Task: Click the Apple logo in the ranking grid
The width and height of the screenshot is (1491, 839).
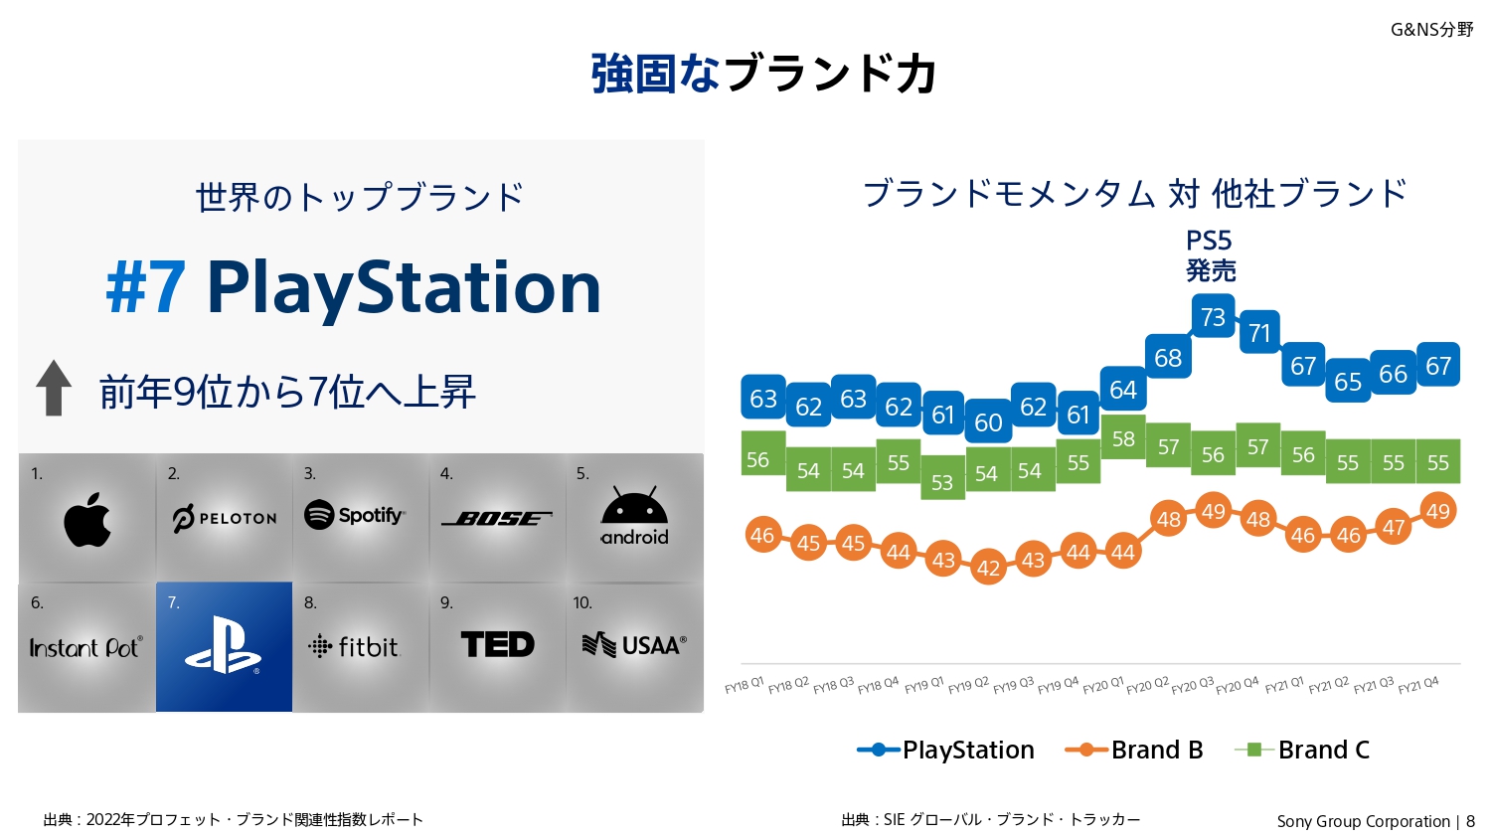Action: pyautogui.click(x=87, y=520)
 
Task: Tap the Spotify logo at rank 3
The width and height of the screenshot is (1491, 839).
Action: pyautogui.click(x=355, y=515)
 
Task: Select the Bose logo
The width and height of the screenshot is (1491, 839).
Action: pyautogui.click(x=496, y=518)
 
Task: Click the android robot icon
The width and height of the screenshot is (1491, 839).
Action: pyautogui.click(x=634, y=506)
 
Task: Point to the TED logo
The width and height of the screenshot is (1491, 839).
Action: pyautogui.click(x=498, y=645)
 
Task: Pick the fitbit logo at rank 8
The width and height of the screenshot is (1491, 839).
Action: pyautogui.click(x=354, y=647)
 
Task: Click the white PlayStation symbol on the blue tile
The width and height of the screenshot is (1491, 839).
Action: pyautogui.click(x=224, y=646)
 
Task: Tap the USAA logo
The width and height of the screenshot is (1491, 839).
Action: pyautogui.click(x=634, y=646)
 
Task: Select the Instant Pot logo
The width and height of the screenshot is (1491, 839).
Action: pyautogui.click(x=85, y=648)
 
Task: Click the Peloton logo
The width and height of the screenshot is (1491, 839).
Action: pyautogui.click(x=225, y=518)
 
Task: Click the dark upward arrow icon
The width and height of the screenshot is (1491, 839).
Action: pyautogui.click(x=54, y=388)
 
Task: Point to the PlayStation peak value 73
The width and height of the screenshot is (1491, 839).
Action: pyautogui.click(x=1213, y=317)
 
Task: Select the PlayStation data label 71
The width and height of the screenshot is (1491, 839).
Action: pyautogui.click(x=1259, y=333)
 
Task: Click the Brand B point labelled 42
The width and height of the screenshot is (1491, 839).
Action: pyautogui.click(x=988, y=568)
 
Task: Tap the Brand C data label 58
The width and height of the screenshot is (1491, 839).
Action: pyautogui.click(x=1123, y=439)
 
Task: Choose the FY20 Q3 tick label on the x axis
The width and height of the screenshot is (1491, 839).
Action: pyautogui.click(x=1193, y=686)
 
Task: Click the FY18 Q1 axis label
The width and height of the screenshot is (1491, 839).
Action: pyautogui.click(x=744, y=686)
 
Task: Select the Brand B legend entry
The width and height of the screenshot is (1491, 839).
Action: pyautogui.click(x=1134, y=750)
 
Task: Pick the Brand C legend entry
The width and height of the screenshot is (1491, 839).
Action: pyautogui.click(x=1302, y=750)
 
